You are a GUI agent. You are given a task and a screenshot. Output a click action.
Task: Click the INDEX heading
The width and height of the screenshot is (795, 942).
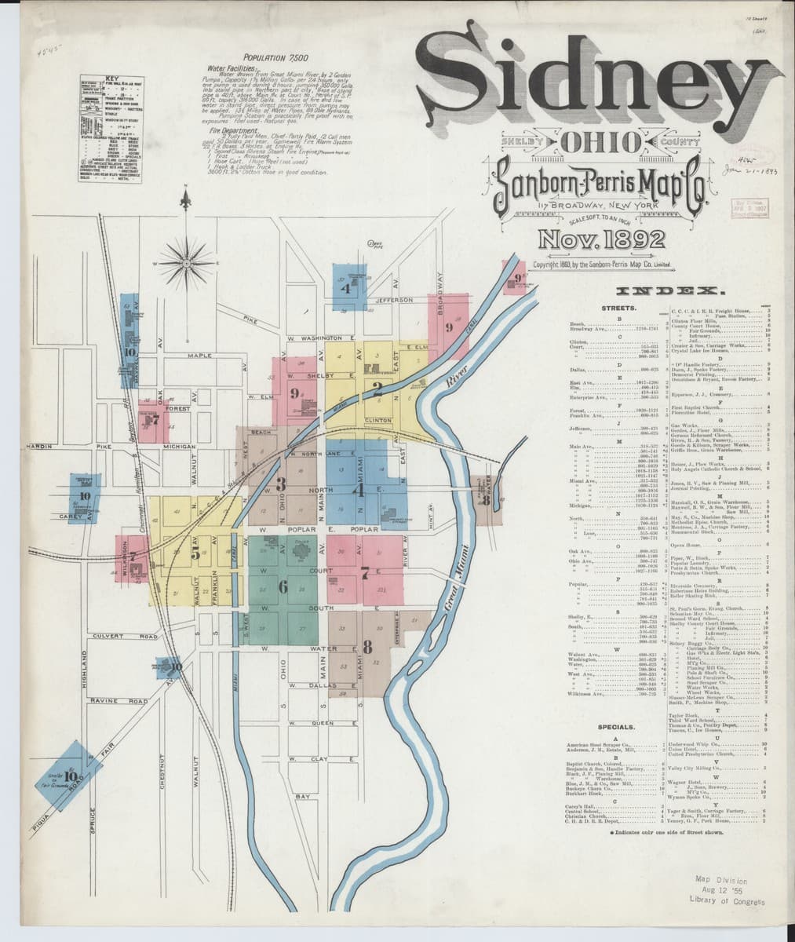[x=669, y=292]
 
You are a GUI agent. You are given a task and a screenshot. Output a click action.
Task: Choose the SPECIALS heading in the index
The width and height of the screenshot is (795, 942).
[x=616, y=728]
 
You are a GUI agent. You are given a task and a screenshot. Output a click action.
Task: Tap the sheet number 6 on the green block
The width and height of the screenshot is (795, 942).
[x=283, y=586]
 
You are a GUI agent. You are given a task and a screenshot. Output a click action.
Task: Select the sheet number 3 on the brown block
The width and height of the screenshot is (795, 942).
[x=280, y=484]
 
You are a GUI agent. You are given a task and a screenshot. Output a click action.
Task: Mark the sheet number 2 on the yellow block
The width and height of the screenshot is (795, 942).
[x=377, y=386]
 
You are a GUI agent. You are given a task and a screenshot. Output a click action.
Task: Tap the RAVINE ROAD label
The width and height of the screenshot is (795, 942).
[x=119, y=700]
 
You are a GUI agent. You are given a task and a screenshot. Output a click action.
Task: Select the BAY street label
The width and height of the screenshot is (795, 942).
[x=302, y=796]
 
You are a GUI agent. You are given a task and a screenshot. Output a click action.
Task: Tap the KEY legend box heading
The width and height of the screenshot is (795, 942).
[x=112, y=79]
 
